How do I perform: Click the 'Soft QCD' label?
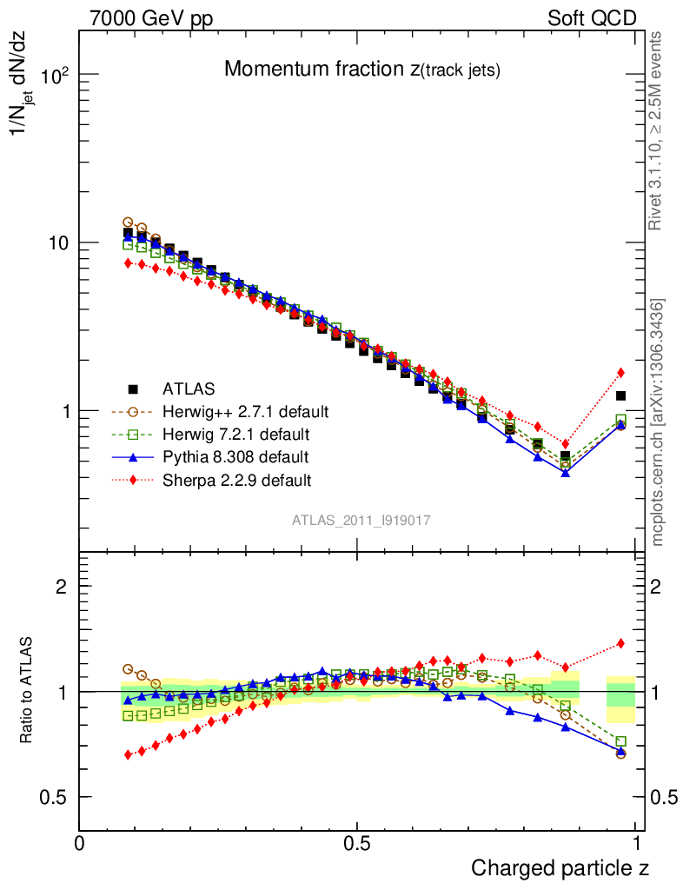592,18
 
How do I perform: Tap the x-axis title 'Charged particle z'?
560,867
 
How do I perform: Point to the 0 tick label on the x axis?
80,844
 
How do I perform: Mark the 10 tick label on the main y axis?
56,242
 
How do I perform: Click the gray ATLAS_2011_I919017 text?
361,520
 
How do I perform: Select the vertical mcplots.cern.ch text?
659,422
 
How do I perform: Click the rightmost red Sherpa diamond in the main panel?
620,373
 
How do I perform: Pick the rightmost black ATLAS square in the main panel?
620,396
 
